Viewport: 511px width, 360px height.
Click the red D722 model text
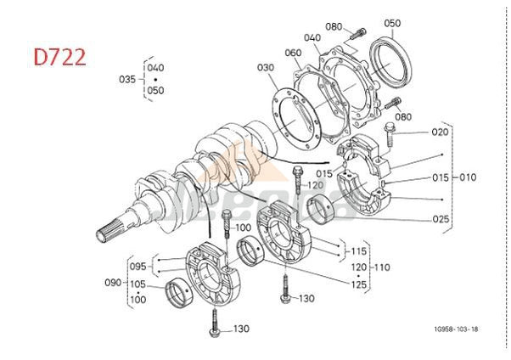[59, 59]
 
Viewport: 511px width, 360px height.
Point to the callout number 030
[267, 68]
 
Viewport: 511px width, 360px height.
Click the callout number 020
[440, 132]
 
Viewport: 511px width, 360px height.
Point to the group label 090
[113, 281]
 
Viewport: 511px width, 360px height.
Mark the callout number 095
[138, 266]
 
